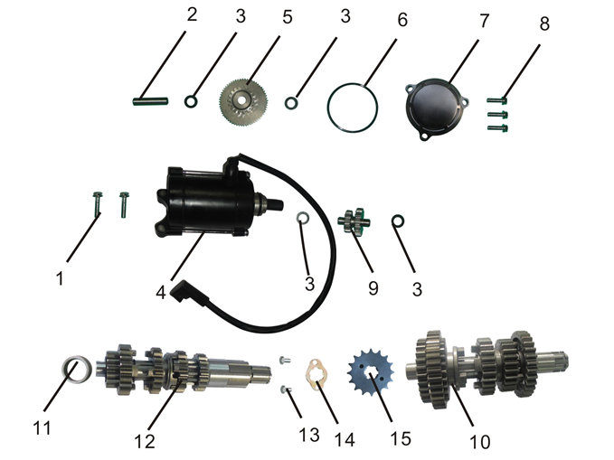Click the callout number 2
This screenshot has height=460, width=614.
(x=192, y=14)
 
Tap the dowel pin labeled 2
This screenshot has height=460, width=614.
(x=150, y=101)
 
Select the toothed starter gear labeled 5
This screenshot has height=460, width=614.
(x=241, y=99)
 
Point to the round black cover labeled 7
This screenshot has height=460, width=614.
(x=436, y=108)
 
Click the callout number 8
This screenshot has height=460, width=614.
(x=544, y=23)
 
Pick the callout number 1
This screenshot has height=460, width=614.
(x=60, y=279)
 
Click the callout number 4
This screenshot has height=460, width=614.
(x=161, y=293)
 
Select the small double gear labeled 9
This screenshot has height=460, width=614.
(x=354, y=221)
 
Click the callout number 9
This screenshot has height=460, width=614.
(x=373, y=288)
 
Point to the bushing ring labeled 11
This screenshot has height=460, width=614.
(x=77, y=370)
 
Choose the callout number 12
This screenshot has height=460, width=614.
(x=145, y=441)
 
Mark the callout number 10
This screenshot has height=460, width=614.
(x=479, y=442)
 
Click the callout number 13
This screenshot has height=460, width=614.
(x=309, y=435)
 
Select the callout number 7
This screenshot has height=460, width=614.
(x=485, y=21)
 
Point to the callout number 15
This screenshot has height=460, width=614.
(x=401, y=438)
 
